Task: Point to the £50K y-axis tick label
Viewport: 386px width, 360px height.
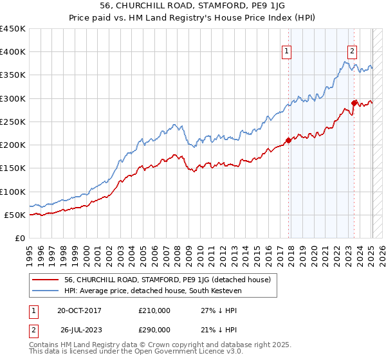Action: coord(15,215)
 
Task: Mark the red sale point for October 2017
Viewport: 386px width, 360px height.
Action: coord(288,141)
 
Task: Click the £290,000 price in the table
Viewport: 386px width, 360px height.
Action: coord(154,329)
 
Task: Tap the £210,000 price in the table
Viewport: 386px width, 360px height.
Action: coord(154,310)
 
